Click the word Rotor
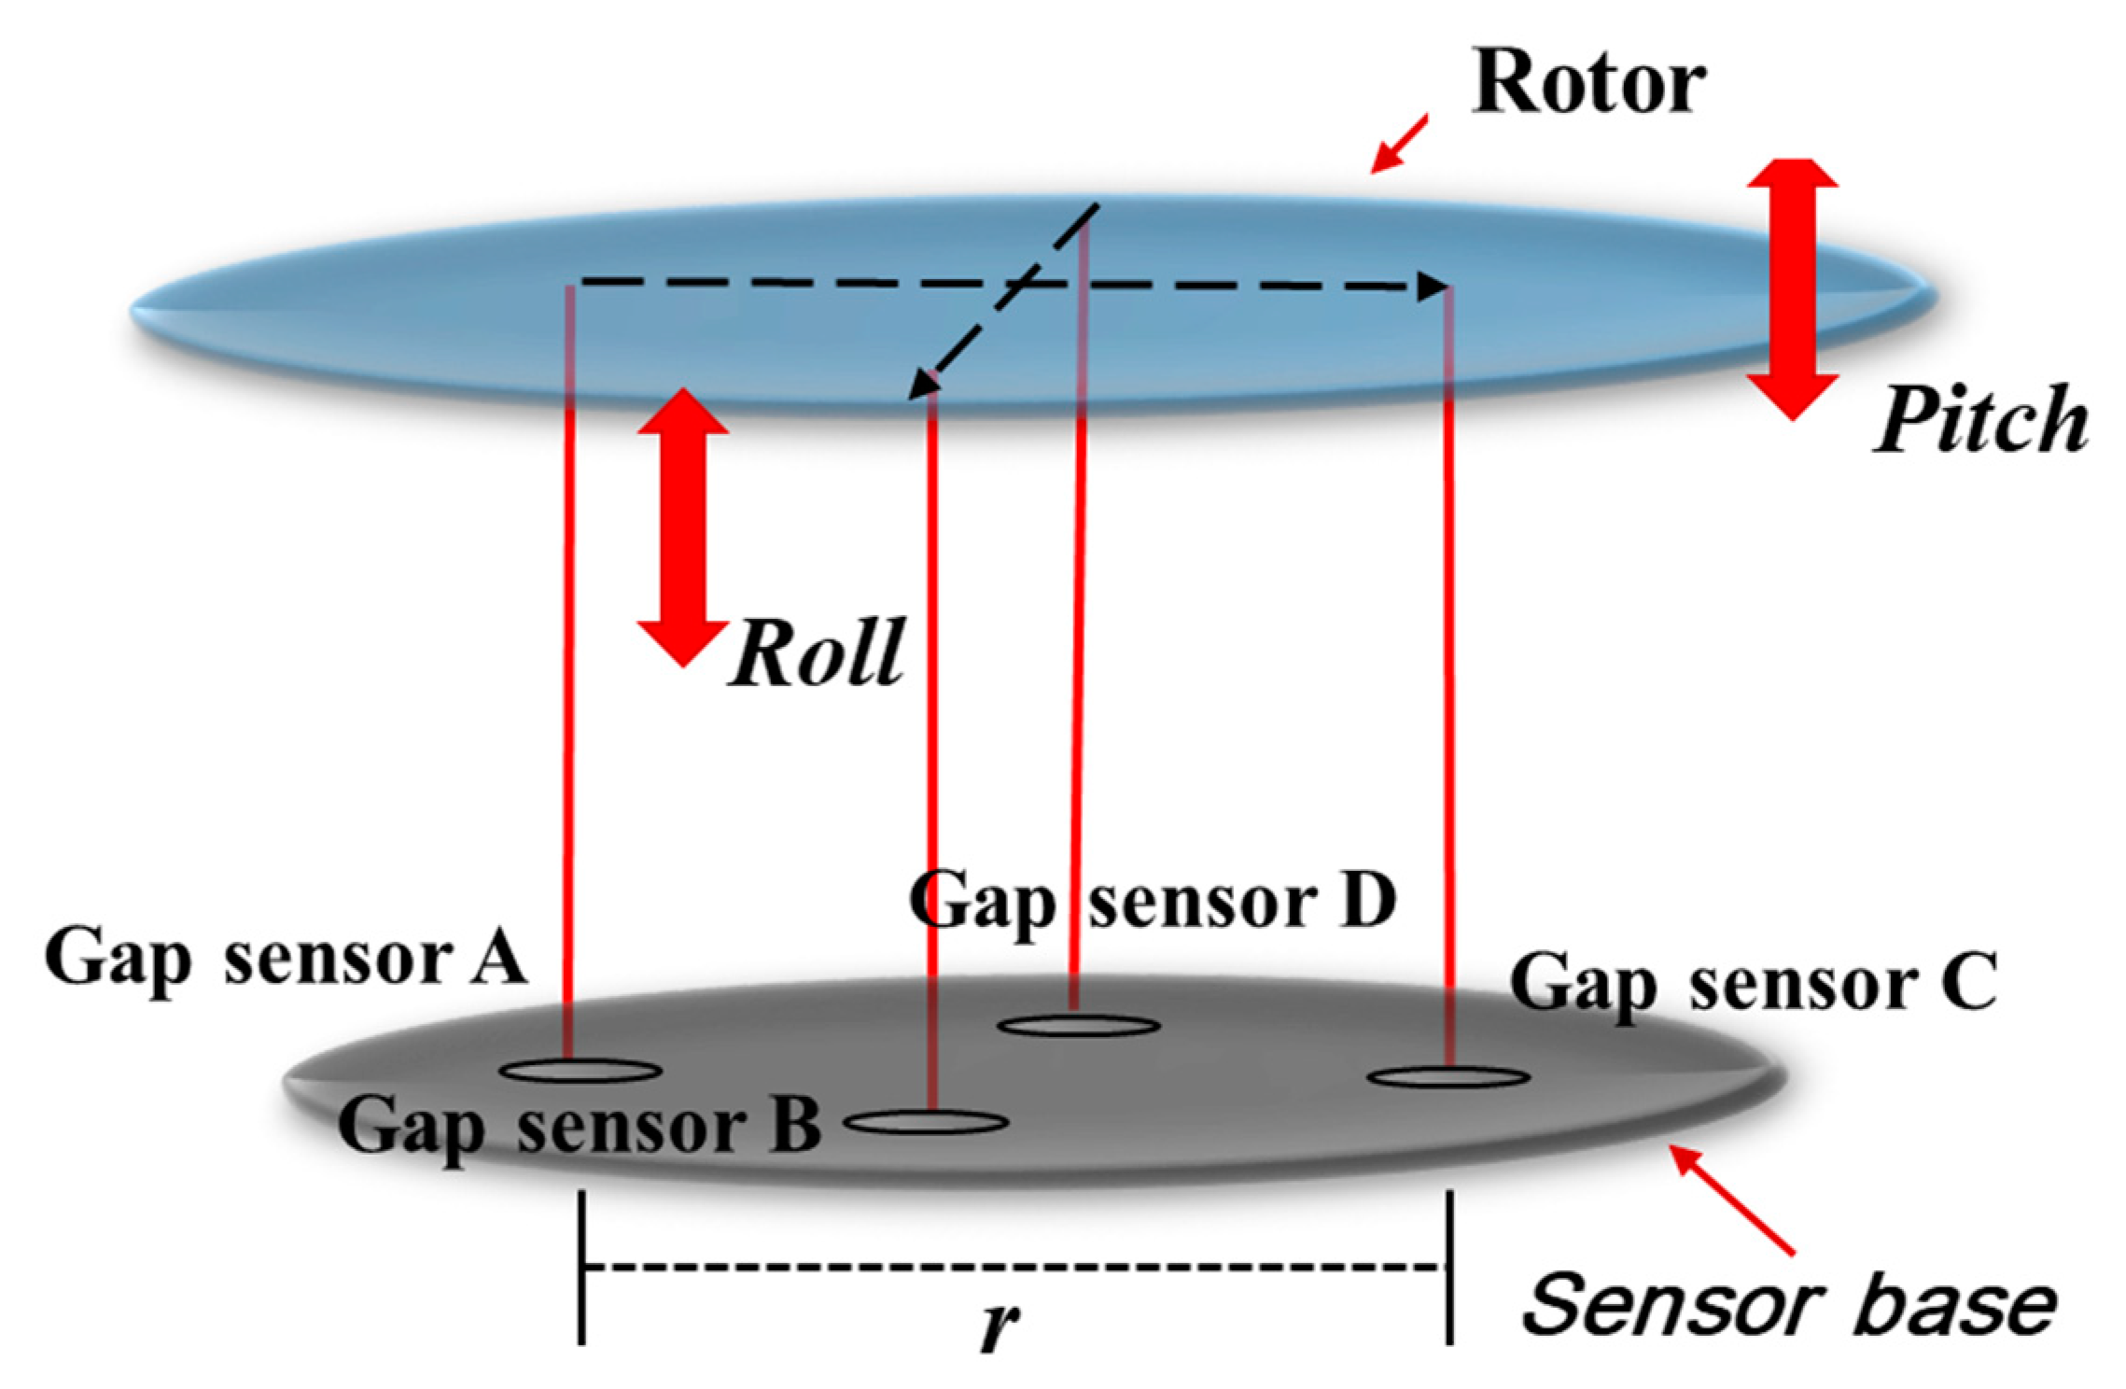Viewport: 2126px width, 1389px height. click(1588, 84)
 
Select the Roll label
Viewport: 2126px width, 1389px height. click(818, 653)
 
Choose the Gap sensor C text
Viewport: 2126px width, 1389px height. click(1753, 983)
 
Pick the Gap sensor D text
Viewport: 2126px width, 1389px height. click(1153, 901)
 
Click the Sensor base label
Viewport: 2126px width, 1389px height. click(1788, 1305)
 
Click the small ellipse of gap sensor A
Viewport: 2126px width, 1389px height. click(580, 1071)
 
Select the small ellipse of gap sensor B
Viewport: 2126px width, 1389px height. click(927, 1122)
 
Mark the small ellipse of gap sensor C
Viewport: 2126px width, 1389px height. click(1448, 1077)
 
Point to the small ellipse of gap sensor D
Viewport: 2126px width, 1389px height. click(1078, 1026)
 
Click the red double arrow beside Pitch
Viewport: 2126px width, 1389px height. click(1792, 289)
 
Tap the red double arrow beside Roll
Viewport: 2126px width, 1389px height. click(683, 527)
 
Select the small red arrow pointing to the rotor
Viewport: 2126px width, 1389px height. click(1397, 145)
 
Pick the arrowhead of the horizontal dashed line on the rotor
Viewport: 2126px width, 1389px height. click(1433, 287)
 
